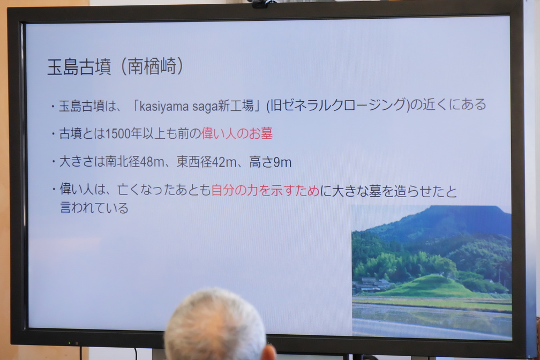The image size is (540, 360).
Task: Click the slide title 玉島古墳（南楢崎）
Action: pos(115,66)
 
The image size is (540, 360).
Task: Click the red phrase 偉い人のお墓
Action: pos(237,133)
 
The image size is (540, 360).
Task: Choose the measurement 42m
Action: pos(224,162)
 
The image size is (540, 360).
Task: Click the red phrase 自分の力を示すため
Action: pos(265,191)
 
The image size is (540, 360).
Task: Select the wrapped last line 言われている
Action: pos(94,208)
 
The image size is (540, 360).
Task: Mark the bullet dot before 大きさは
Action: pos(54,161)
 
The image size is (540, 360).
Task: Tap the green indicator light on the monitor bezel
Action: pos(69,343)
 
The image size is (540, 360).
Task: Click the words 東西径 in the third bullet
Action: pos(194,162)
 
